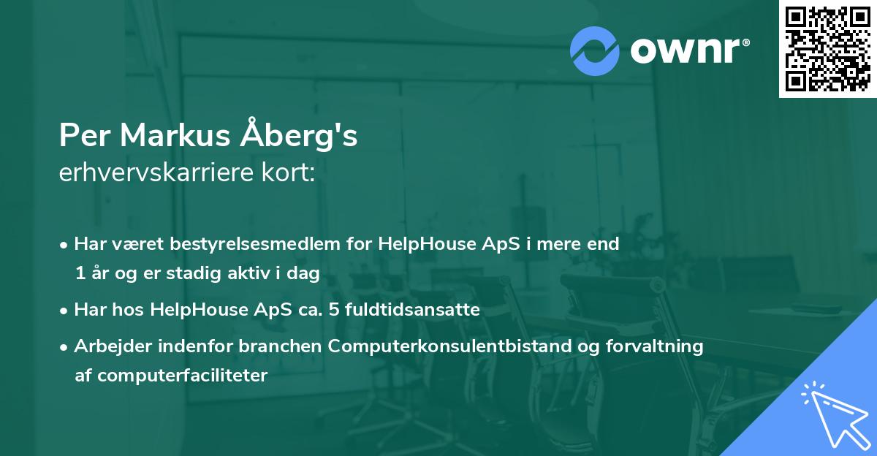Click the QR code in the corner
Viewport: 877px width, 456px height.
point(828,49)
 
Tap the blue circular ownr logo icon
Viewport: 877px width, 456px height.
point(595,50)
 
